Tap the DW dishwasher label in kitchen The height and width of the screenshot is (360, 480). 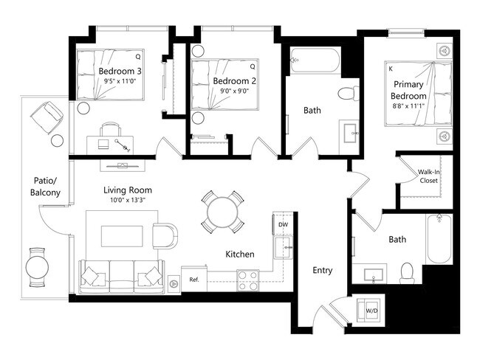[282, 224]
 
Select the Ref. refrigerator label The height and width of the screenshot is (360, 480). [194, 280]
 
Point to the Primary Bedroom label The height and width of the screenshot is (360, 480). [408, 91]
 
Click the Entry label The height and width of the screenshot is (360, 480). [323, 271]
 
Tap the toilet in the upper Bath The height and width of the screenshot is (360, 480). [346, 93]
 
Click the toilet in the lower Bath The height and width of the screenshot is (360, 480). [405, 272]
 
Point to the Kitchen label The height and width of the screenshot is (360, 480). [240, 255]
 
